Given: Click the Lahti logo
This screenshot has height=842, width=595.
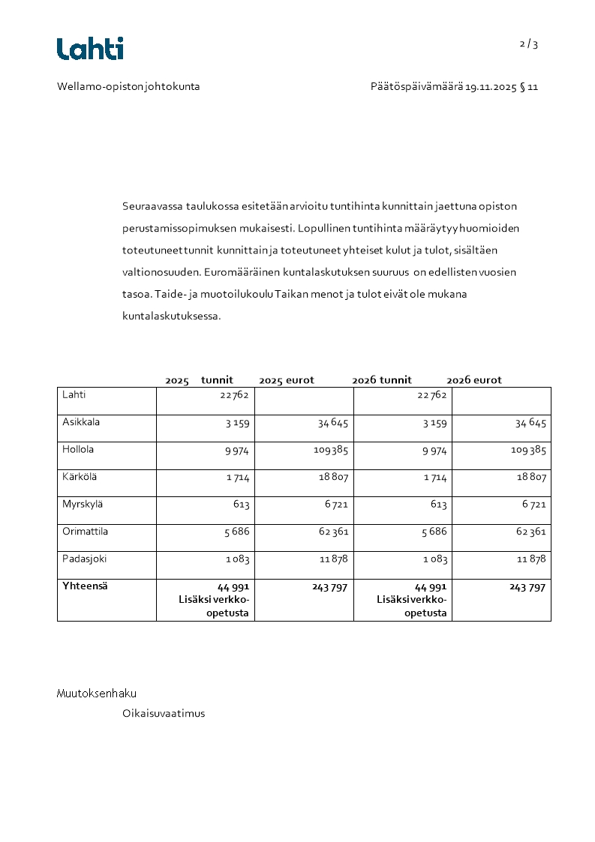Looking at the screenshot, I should (x=90, y=49).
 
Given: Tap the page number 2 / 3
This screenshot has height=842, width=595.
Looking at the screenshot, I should (x=528, y=43).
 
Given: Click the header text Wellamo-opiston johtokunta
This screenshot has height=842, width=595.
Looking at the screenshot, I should (x=128, y=86).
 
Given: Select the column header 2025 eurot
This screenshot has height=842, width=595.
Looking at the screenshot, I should (x=287, y=380).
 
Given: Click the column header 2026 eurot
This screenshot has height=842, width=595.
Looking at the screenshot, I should (x=474, y=380).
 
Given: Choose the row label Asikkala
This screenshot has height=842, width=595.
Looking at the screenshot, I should (x=81, y=422).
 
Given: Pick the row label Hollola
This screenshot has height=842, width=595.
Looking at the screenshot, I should (x=79, y=450).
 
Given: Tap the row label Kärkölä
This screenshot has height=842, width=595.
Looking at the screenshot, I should (x=79, y=477).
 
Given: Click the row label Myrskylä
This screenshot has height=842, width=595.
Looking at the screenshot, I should (x=81, y=504).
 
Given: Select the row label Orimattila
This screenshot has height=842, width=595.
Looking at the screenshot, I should (x=85, y=532).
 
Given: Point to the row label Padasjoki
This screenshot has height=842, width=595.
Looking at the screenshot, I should (x=84, y=559).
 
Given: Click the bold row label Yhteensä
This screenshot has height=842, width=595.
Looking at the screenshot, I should (x=85, y=586).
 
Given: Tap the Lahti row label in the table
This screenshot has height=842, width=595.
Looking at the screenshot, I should (x=74, y=394).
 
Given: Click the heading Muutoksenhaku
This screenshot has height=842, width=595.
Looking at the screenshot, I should (x=97, y=694).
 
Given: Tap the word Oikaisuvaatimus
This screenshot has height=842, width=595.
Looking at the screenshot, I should (x=164, y=714).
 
